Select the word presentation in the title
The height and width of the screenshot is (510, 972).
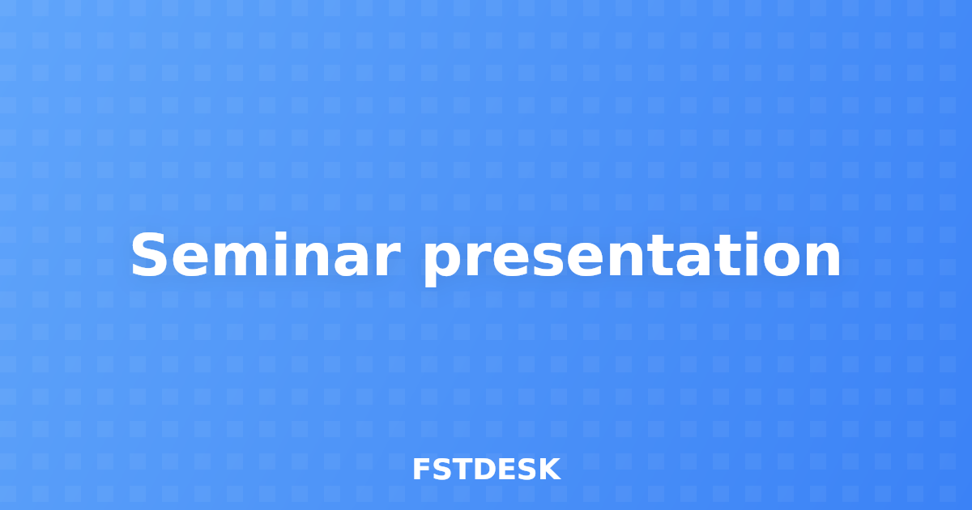coord(632,257)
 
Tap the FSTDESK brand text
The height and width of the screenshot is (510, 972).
coord(486,470)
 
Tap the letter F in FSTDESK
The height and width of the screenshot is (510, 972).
coord(421,470)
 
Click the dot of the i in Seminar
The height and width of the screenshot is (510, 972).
coord(281,235)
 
